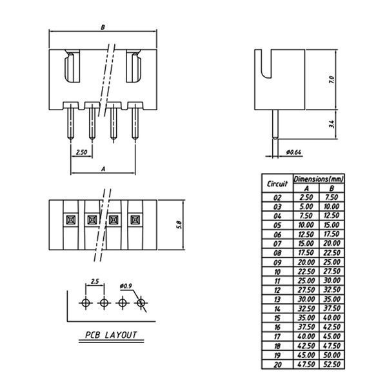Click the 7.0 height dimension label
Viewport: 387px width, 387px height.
click(x=332, y=80)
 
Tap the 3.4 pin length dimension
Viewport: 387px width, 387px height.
click(x=332, y=124)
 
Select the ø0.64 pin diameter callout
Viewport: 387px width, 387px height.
click(x=293, y=152)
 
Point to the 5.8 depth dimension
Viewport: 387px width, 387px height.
click(x=179, y=224)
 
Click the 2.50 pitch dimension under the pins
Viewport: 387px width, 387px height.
click(x=81, y=152)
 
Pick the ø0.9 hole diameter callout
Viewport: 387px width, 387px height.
click(x=126, y=286)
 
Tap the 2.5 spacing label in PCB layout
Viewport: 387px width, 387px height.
click(x=95, y=281)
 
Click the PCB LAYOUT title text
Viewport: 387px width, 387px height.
click(x=111, y=335)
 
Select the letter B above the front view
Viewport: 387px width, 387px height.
click(x=103, y=27)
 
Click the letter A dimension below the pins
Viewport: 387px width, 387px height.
click(x=103, y=169)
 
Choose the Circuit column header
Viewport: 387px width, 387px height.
click(x=277, y=184)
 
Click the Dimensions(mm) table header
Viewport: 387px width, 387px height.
click(x=319, y=179)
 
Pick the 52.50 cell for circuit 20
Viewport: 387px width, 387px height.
click(x=332, y=364)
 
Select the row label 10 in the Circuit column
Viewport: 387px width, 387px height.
click(x=277, y=272)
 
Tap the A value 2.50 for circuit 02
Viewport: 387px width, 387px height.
click(x=306, y=197)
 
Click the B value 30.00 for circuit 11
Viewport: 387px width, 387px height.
click(x=332, y=281)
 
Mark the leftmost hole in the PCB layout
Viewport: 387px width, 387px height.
click(x=86, y=303)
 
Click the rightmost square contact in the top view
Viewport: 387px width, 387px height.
click(x=135, y=220)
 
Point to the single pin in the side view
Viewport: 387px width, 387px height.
click(x=275, y=124)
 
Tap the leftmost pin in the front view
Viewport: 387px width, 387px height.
click(x=70, y=121)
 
